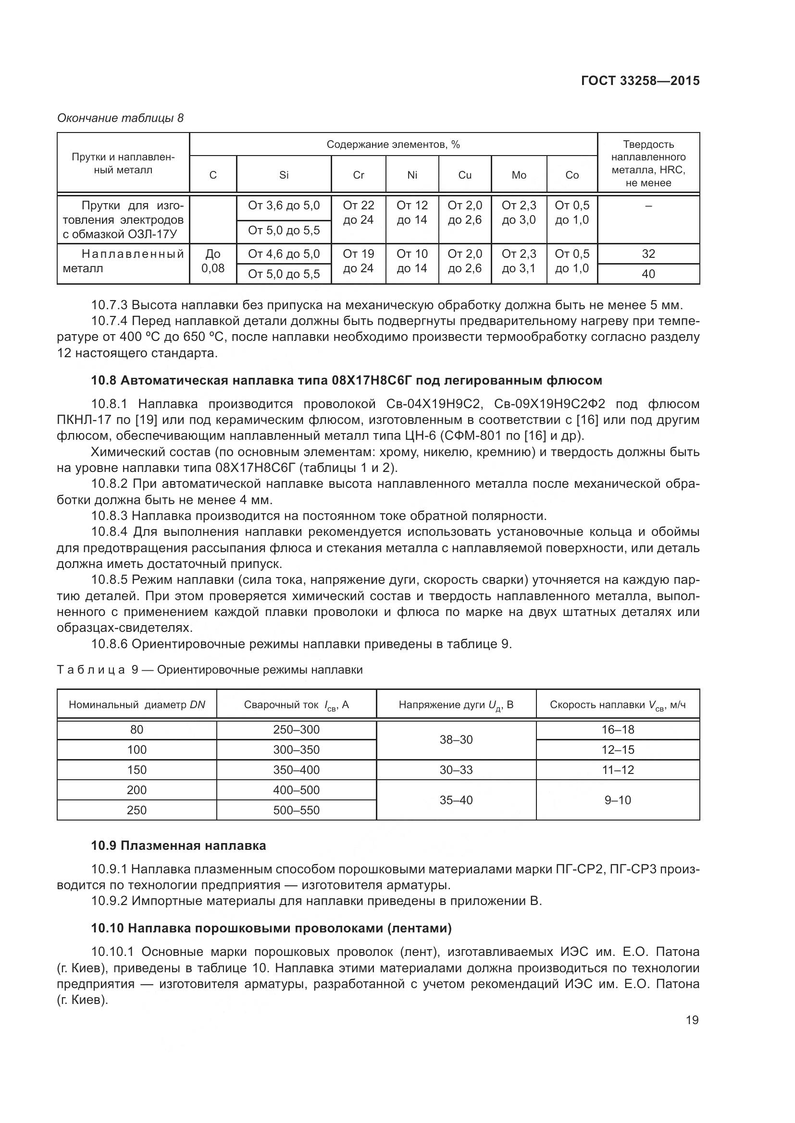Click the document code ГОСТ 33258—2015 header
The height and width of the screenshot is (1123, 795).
tap(640, 81)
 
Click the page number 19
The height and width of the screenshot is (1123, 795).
tap(692, 1020)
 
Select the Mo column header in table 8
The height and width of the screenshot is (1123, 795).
tap(519, 175)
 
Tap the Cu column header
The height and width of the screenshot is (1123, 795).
tap(465, 175)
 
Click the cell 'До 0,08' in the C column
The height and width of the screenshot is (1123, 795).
tap(213, 261)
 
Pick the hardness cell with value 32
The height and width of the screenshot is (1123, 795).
tap(648, 254)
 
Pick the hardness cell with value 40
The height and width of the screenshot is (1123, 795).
tap(648, 274)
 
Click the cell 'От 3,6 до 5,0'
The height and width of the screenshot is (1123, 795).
tap(284, 205)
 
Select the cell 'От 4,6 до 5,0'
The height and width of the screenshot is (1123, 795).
tap(284, 254)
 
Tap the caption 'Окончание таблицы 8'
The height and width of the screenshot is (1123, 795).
tap(121, 118)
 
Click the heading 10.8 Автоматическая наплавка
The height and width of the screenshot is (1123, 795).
tap(347, 380)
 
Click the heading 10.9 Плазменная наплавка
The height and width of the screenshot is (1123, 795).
tap(179, 845)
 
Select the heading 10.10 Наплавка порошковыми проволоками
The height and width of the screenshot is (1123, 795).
tap(271, 928)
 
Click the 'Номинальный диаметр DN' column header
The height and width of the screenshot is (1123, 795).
tap(137, 704)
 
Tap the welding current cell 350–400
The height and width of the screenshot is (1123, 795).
tap(296, 770)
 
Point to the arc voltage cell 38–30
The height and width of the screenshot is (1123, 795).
tap(456, 739)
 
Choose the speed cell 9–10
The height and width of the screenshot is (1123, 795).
tap(617, 800)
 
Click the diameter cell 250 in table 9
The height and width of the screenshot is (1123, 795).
tap(137, 810)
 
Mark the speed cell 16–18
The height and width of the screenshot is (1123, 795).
tap(617, 730)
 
